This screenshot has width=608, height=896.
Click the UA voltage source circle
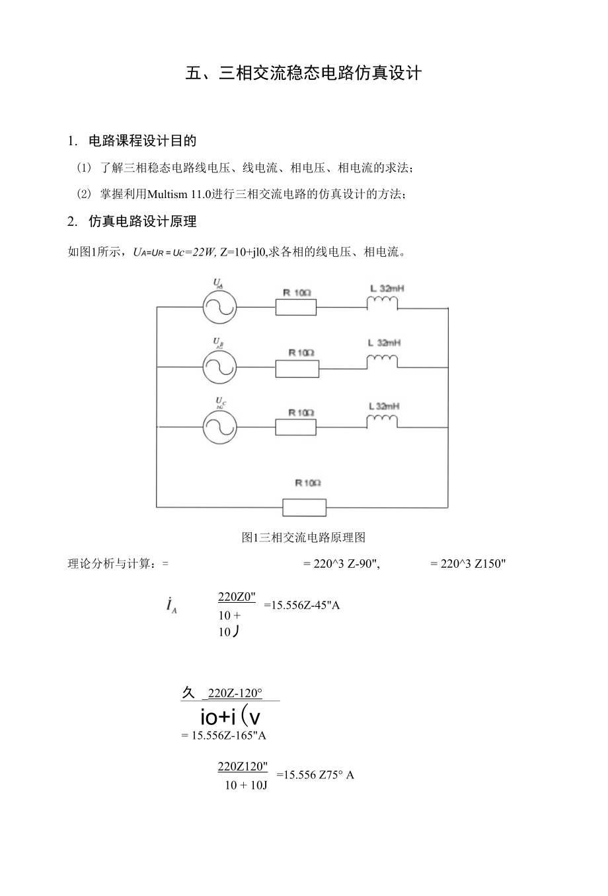coord(219,307)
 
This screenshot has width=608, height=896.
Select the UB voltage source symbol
coord(219,368)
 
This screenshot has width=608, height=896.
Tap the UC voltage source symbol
coord(219,427)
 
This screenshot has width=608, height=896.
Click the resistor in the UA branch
coord(295,307)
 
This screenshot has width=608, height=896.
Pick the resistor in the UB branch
coord(297,368)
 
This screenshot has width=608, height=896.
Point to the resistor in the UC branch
coord(295,427)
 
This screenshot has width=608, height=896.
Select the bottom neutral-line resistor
coord(304,507)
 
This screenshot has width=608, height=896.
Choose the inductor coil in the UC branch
coord(383,421)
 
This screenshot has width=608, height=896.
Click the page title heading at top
coord(303,73)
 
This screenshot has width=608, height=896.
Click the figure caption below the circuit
coord(303,537)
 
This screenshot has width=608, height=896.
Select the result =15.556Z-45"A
coord(301,605)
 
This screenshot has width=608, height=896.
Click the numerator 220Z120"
coord(243,766)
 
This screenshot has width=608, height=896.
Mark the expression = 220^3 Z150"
coord(468,563)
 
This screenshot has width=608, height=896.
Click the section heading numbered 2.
coord(132,222)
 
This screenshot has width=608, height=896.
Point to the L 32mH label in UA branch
coord(387,289)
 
